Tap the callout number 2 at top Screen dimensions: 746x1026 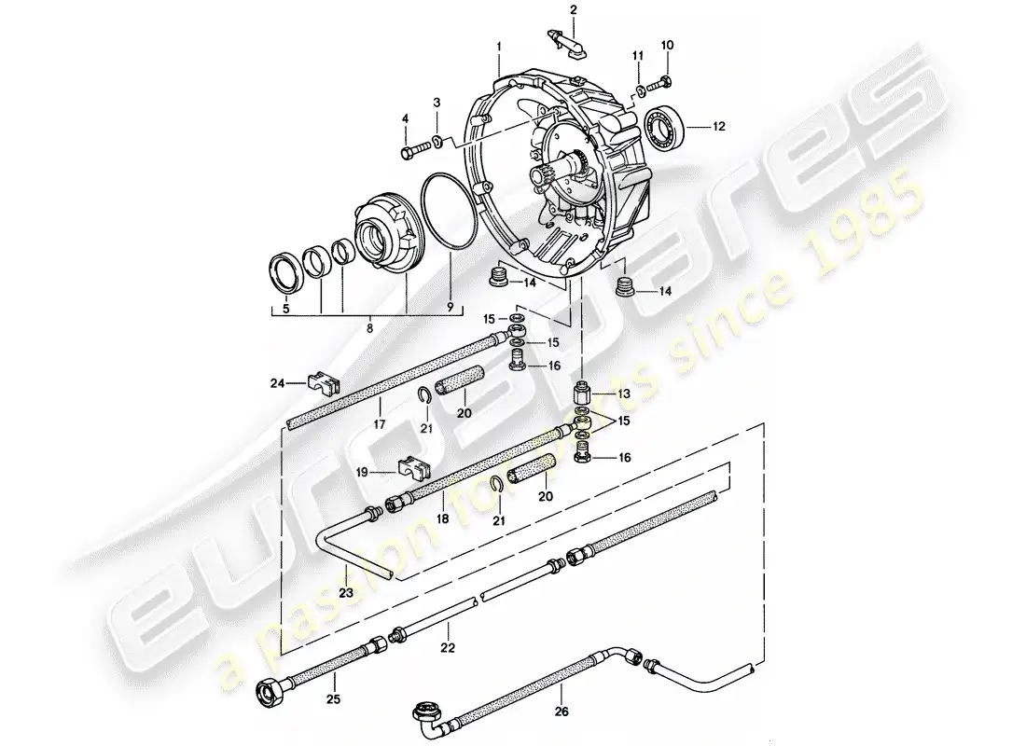(x=574, y=10)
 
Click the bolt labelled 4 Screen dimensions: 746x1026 (x=412, y=148)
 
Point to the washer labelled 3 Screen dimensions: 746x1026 (x=440, y=144)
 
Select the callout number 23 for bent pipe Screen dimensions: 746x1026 (x=345, y=591)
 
